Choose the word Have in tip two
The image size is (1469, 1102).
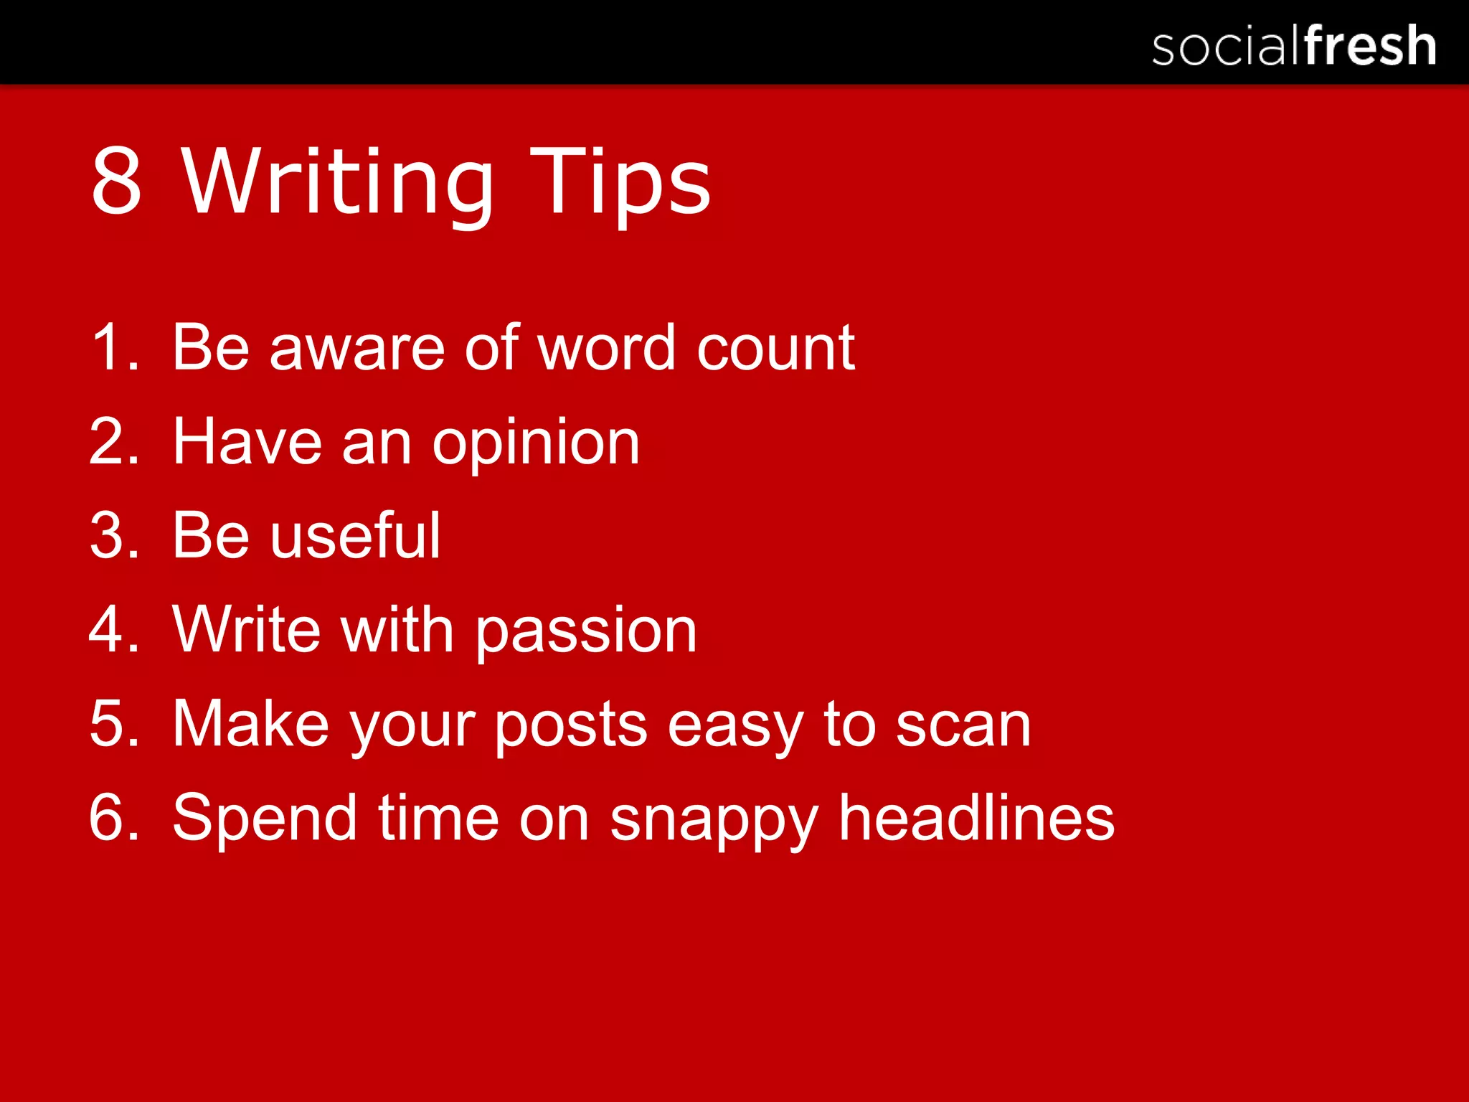[247, 442]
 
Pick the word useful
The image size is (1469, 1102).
[356, 535]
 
